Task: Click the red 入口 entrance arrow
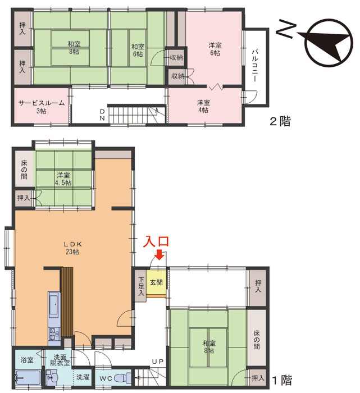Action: coord(159,255)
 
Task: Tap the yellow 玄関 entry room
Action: coord(157,282)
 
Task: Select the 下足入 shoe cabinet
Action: coord(141,285)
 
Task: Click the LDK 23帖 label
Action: coord(72,248)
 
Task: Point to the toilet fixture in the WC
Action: coord(124,377)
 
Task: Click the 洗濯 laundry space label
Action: coord(83,377)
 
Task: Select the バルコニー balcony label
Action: coord(255,66)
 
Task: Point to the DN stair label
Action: coord(102,115)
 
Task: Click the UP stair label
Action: coord(158,362)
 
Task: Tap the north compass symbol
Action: coord(329,42)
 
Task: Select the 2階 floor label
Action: coord(280,122)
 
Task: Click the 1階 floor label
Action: coord(282,380)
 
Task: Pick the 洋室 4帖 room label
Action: coord(203,106)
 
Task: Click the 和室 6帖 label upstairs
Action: coord(138,50)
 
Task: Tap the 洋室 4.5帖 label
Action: coord(63,179)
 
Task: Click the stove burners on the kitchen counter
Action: coord(54,333)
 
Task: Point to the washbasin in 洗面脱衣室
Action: coord(53,377)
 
